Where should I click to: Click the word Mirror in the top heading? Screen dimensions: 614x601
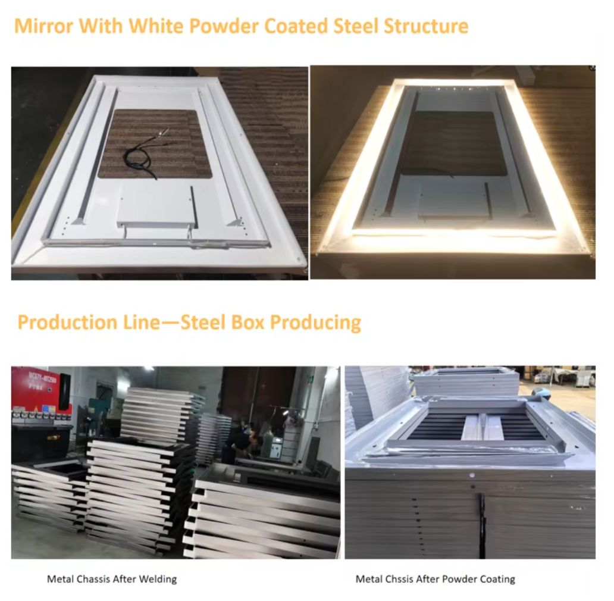pos(43,26)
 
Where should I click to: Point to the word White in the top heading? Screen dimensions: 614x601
pos(156,26)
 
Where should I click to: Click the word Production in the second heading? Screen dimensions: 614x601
pos(67,323)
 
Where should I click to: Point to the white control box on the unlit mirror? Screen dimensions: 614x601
pos(157,205)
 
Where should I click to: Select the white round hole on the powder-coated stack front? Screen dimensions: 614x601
pos(472,475)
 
